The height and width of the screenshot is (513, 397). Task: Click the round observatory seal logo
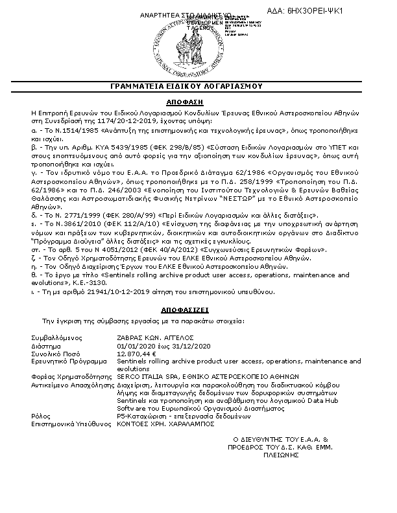(x=198, y=45)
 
